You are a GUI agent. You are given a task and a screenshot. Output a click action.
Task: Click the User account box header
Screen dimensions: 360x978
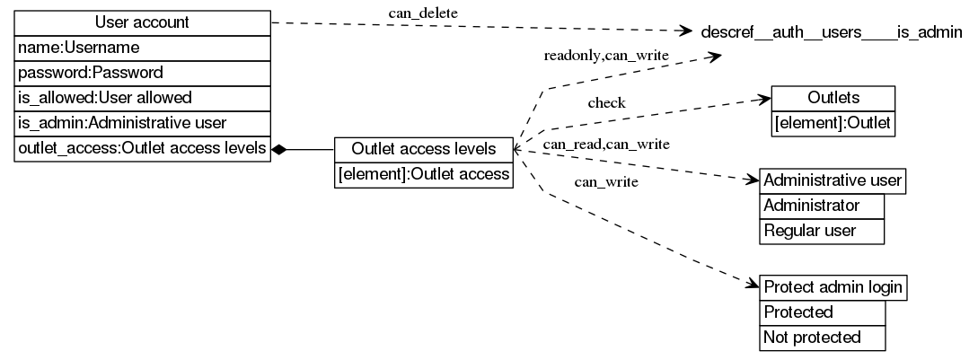[142, 22]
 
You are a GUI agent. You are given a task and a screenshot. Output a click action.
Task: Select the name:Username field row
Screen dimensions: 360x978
[142, 47]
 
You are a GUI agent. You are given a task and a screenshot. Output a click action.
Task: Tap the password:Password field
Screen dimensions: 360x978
[142, 72]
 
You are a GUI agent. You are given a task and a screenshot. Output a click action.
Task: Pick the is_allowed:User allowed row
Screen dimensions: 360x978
[142, 97]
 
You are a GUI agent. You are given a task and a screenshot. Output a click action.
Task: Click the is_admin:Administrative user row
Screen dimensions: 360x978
[142, 122]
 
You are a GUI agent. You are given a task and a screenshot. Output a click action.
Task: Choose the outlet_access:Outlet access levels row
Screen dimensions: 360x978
[142, 148]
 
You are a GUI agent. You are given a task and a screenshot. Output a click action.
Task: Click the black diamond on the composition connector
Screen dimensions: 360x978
[280, 149]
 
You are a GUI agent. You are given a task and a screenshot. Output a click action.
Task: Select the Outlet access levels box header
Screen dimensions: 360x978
[423, 149]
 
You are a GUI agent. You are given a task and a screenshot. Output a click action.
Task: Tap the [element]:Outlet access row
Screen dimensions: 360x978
[423, 174]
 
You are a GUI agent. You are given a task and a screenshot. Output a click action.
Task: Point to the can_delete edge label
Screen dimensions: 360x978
[423, 13]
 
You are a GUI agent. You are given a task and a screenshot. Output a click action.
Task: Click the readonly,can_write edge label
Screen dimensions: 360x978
[606, 56]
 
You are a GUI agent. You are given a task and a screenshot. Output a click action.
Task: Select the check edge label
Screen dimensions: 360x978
[606, 103]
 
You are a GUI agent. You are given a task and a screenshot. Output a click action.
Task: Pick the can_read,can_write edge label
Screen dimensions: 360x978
[605, 144]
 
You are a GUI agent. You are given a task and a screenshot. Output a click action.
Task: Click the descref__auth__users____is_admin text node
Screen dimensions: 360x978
[831, 32]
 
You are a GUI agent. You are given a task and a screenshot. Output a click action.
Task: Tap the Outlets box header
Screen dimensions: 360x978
[833, 98]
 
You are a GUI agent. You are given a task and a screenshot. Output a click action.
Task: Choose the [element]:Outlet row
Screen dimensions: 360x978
[833, 123]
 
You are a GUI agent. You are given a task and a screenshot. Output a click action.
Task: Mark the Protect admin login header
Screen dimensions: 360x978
[833, 288]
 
